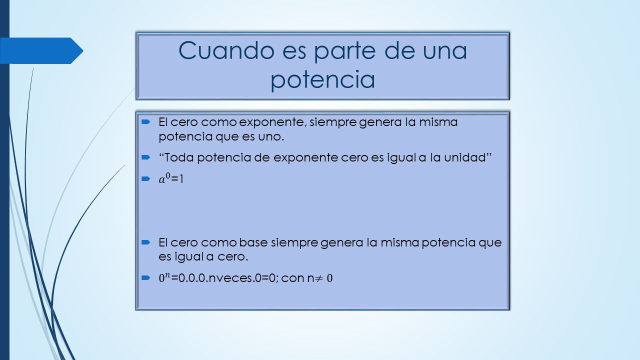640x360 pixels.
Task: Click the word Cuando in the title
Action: (226, 50)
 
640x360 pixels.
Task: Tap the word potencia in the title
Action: (322, 79)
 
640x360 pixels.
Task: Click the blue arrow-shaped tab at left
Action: (41, 50)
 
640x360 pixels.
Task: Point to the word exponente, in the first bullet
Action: (272, 122)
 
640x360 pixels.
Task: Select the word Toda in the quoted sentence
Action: (179, 157)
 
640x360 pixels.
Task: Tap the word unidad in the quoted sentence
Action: (465, 157)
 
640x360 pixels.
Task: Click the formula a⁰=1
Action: (171, 179)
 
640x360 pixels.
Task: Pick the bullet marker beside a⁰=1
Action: (145, 179)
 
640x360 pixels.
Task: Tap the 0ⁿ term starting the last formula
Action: (164, 277)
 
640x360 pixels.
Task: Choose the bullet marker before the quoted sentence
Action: (145, 157)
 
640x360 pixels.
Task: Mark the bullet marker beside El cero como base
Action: (145, 242)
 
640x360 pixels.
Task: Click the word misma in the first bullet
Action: (438, 122)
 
